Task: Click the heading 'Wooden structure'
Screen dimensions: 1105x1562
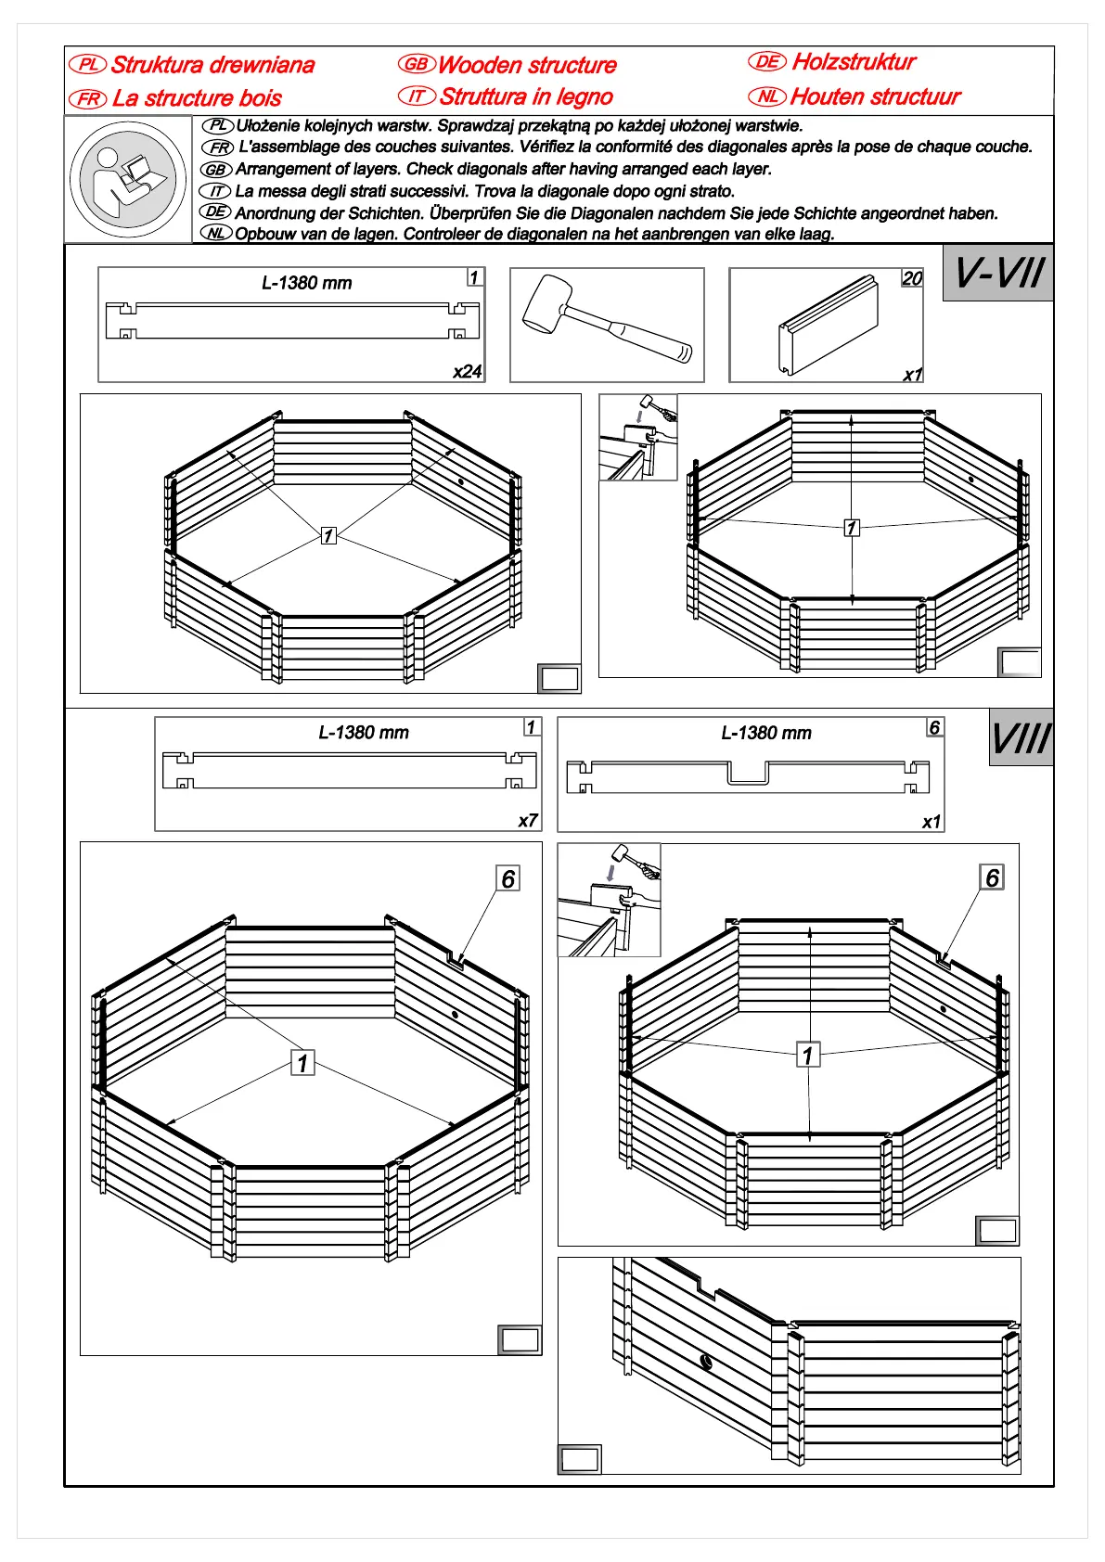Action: (x=527, y=65)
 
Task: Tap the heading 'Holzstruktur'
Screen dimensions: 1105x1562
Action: (x=854, y=62)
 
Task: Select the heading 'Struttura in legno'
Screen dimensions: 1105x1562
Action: (x=526, y=96)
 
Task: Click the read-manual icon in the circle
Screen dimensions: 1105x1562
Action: (x=128, y=179)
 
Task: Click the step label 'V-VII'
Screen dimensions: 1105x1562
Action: (x=998, y=273)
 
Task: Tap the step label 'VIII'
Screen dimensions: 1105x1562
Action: (x=1021, y=738)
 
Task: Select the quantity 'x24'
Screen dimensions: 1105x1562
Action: (x=467, y=372)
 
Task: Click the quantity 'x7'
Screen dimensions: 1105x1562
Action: (x=527, y=821)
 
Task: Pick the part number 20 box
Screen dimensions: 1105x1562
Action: (x=912, y=278)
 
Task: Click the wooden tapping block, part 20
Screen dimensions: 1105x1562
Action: (x=828, y=325)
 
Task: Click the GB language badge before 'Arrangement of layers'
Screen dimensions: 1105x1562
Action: (x=215, y=170)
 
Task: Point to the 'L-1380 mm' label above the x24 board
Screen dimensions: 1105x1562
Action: (x=306, y=283)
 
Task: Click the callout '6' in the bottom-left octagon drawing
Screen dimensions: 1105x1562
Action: (x=508, y=878)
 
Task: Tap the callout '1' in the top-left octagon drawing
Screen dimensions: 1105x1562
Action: (x=328, y=535)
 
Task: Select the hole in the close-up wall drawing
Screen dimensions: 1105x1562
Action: (x=706, y=1362)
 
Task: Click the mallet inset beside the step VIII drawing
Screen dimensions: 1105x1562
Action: (x=610, y=900)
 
